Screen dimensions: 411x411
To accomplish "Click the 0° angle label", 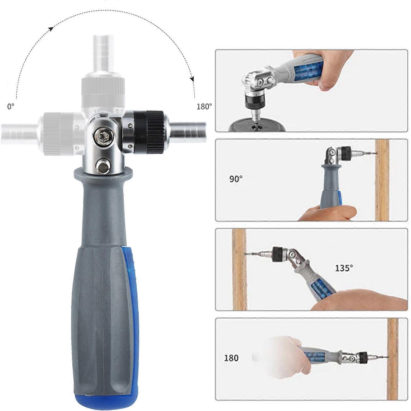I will (11, 106).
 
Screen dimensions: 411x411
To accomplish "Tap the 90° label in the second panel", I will (236, 179).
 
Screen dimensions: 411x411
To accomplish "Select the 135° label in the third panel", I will (344, 268).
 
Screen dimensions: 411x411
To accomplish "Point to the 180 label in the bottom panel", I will (231, 358).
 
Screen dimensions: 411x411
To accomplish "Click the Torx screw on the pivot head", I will (104, 135).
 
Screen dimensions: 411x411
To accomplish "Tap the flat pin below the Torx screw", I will (103, 166).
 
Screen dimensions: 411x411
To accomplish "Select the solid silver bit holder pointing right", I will (188, 132).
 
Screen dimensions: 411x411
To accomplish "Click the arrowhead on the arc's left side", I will (51, 29).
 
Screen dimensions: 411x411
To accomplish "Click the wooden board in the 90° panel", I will (382, 180).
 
